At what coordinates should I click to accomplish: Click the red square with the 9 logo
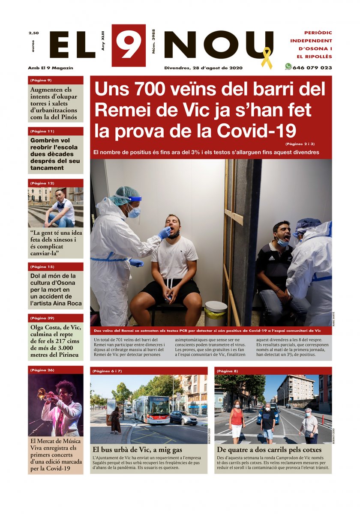click(129, 45)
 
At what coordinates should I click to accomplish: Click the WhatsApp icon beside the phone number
click(288, 67)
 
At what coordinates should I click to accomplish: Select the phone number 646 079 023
click(312, 68)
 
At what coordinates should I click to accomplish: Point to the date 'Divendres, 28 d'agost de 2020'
click(204, 68)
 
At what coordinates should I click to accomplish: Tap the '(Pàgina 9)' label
click(41, 80)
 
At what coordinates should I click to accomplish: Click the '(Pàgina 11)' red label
click(42, 131)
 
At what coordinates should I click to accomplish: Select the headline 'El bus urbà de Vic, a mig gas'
click(138, 450)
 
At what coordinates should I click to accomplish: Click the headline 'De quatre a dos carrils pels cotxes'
click(269, 450)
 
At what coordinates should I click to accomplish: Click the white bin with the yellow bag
click(216, 313)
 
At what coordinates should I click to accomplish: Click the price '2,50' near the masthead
click(33, 33)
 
